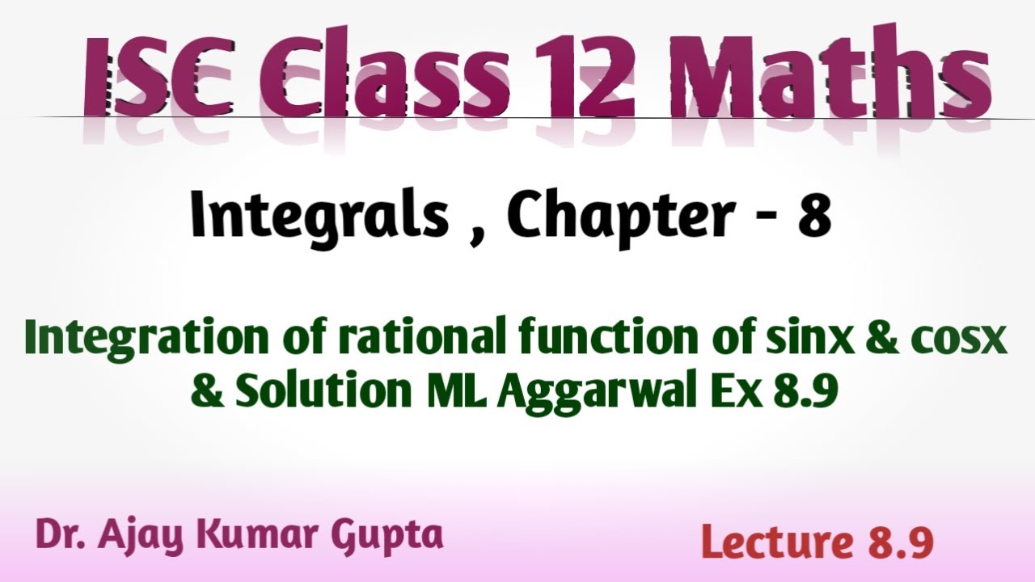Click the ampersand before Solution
(x=208, y=392)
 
